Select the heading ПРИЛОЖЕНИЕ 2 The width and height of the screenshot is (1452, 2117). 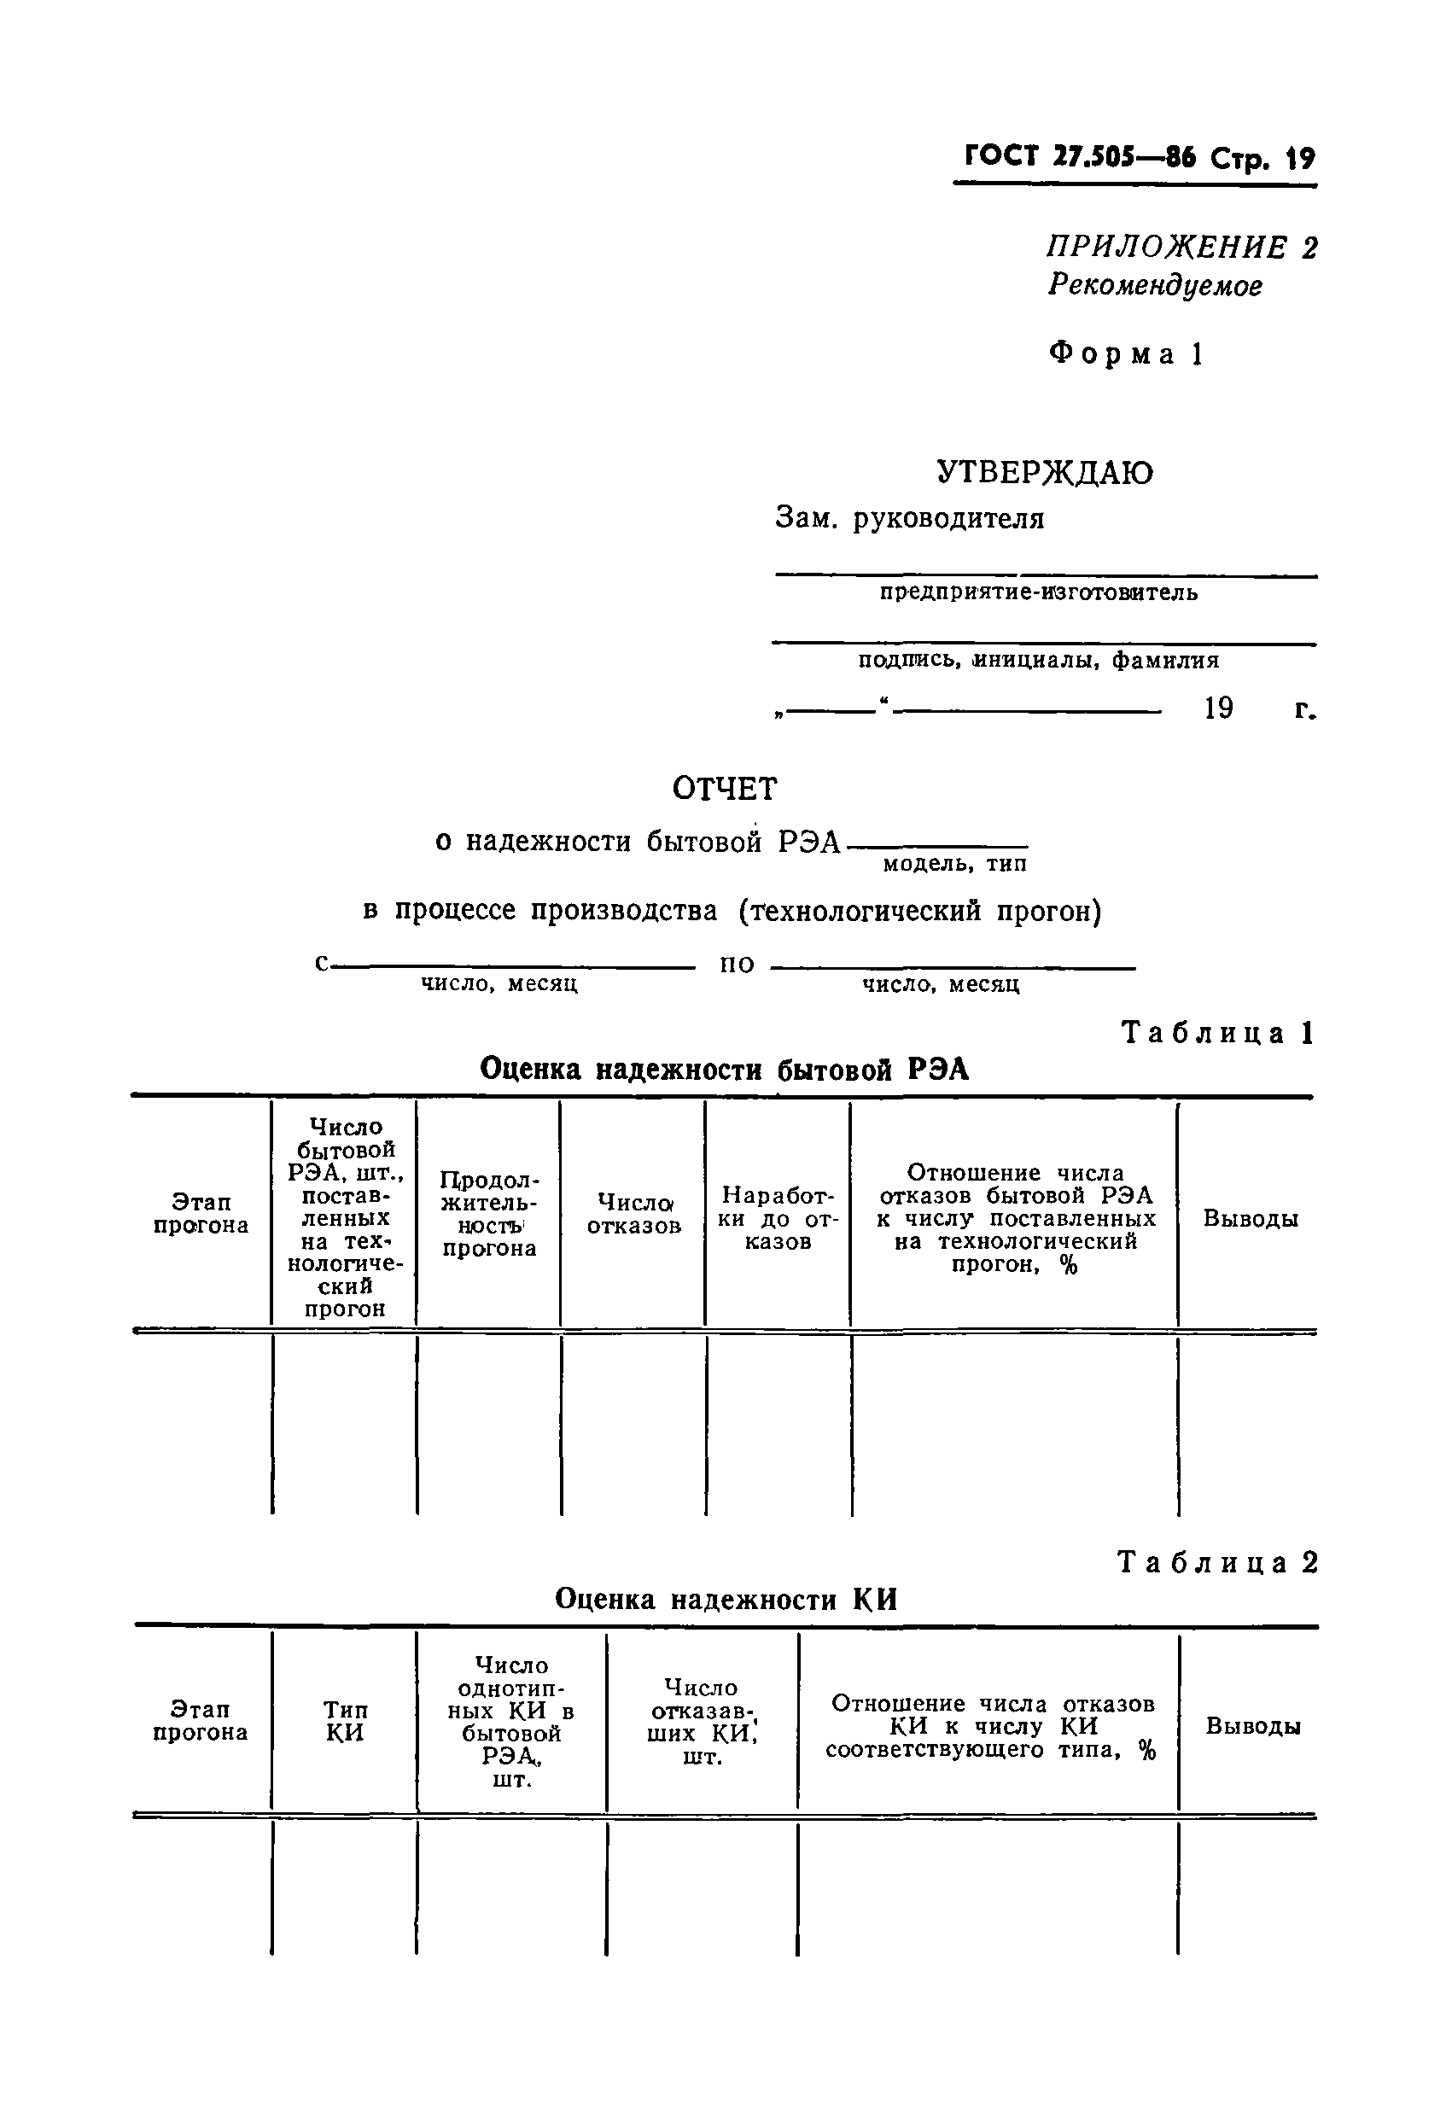click(1181, 247)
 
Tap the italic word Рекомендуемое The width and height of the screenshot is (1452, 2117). click(1154, 285)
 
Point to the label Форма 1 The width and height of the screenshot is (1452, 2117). click(1127, 353)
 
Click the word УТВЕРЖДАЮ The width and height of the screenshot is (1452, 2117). click(1045, 472)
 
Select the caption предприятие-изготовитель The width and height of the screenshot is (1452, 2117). click(1039, 593)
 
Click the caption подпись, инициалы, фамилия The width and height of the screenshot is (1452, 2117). click(1039, 660)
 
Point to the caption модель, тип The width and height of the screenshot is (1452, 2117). click(953, 863)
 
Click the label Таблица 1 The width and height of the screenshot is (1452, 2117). click(1218, 1032)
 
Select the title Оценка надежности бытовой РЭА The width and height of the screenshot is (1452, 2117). click(724, 1069)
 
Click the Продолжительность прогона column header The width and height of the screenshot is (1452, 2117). click(489, 1213)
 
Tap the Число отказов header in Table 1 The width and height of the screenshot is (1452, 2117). click(633, 1213)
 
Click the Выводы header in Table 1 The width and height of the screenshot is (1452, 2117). click(1250, 1218)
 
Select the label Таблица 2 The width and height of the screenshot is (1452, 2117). click(1218, 1562)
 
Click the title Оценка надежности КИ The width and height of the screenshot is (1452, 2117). click(726, 1599)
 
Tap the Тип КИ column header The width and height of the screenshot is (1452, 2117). click(344, 1721)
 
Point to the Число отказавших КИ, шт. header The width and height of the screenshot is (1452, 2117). click(702, 1721)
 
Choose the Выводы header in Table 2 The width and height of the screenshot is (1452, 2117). click(1252, 1725)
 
